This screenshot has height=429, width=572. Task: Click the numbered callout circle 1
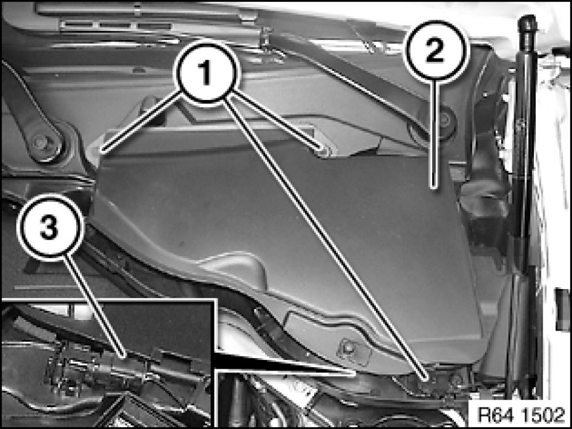coord(207,73)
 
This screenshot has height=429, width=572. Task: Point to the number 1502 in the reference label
coord(543,415)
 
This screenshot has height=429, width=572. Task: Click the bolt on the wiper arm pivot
coord(40,142)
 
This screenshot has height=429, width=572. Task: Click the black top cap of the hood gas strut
coord(527,26)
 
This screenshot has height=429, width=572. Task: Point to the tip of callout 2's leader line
coord(434,187)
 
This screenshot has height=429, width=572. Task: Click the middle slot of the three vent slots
coord(115,26)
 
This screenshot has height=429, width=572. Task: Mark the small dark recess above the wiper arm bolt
coord(148,103)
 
